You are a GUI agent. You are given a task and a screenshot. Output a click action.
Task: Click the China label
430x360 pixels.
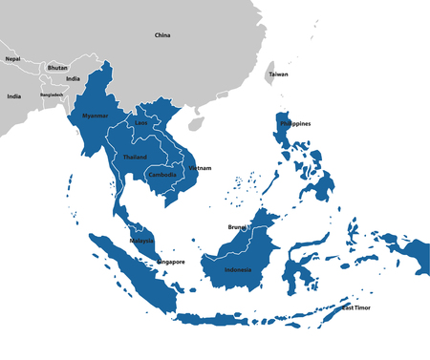[162, 35]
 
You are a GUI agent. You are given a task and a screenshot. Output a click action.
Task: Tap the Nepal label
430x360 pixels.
[12, 59]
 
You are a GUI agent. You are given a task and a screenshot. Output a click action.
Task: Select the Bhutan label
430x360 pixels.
[57, 68]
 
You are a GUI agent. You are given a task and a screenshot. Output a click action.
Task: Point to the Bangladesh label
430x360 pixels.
[53, 95]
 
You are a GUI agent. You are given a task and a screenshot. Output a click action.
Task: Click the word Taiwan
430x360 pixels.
[278, 74]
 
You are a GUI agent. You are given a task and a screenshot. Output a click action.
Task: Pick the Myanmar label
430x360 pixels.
[96, 116]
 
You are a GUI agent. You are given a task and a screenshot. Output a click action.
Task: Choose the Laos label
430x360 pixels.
[141, 123]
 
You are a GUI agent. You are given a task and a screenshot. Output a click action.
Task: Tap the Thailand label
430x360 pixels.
[135, 157]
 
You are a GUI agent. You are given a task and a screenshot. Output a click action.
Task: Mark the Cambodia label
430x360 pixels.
[162, 175]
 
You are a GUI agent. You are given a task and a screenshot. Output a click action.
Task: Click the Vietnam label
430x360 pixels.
[200, 168]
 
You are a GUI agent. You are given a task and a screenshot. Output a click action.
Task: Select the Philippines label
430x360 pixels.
[295, 124]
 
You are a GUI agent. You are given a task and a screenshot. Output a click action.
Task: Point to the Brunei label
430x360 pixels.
[238, 226]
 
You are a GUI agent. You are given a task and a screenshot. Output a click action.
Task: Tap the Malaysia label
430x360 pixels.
[141, 241]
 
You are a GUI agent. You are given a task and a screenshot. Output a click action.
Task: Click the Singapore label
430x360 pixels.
[170, 261]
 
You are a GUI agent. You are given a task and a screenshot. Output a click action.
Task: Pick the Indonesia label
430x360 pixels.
[238, 270]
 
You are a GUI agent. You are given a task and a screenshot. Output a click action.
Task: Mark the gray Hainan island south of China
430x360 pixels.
[196, 123]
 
